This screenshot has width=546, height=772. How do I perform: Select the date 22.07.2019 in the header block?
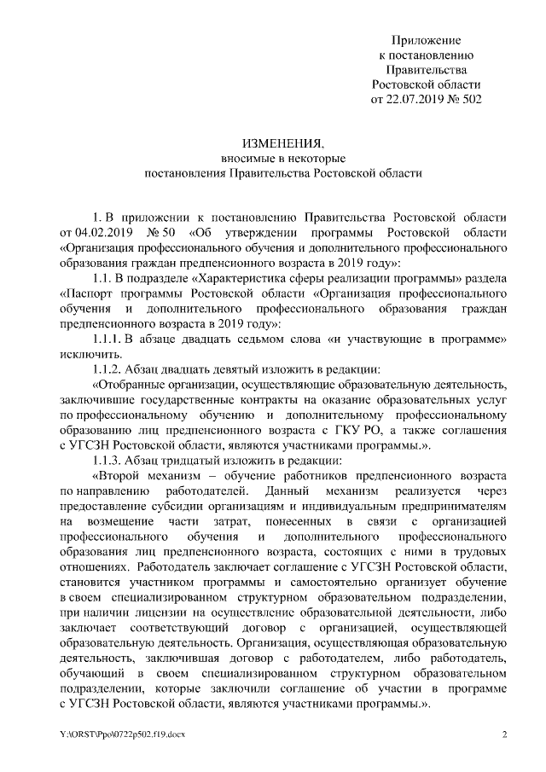coord(419,99)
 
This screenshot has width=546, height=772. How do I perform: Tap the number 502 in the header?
coord(469,99)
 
